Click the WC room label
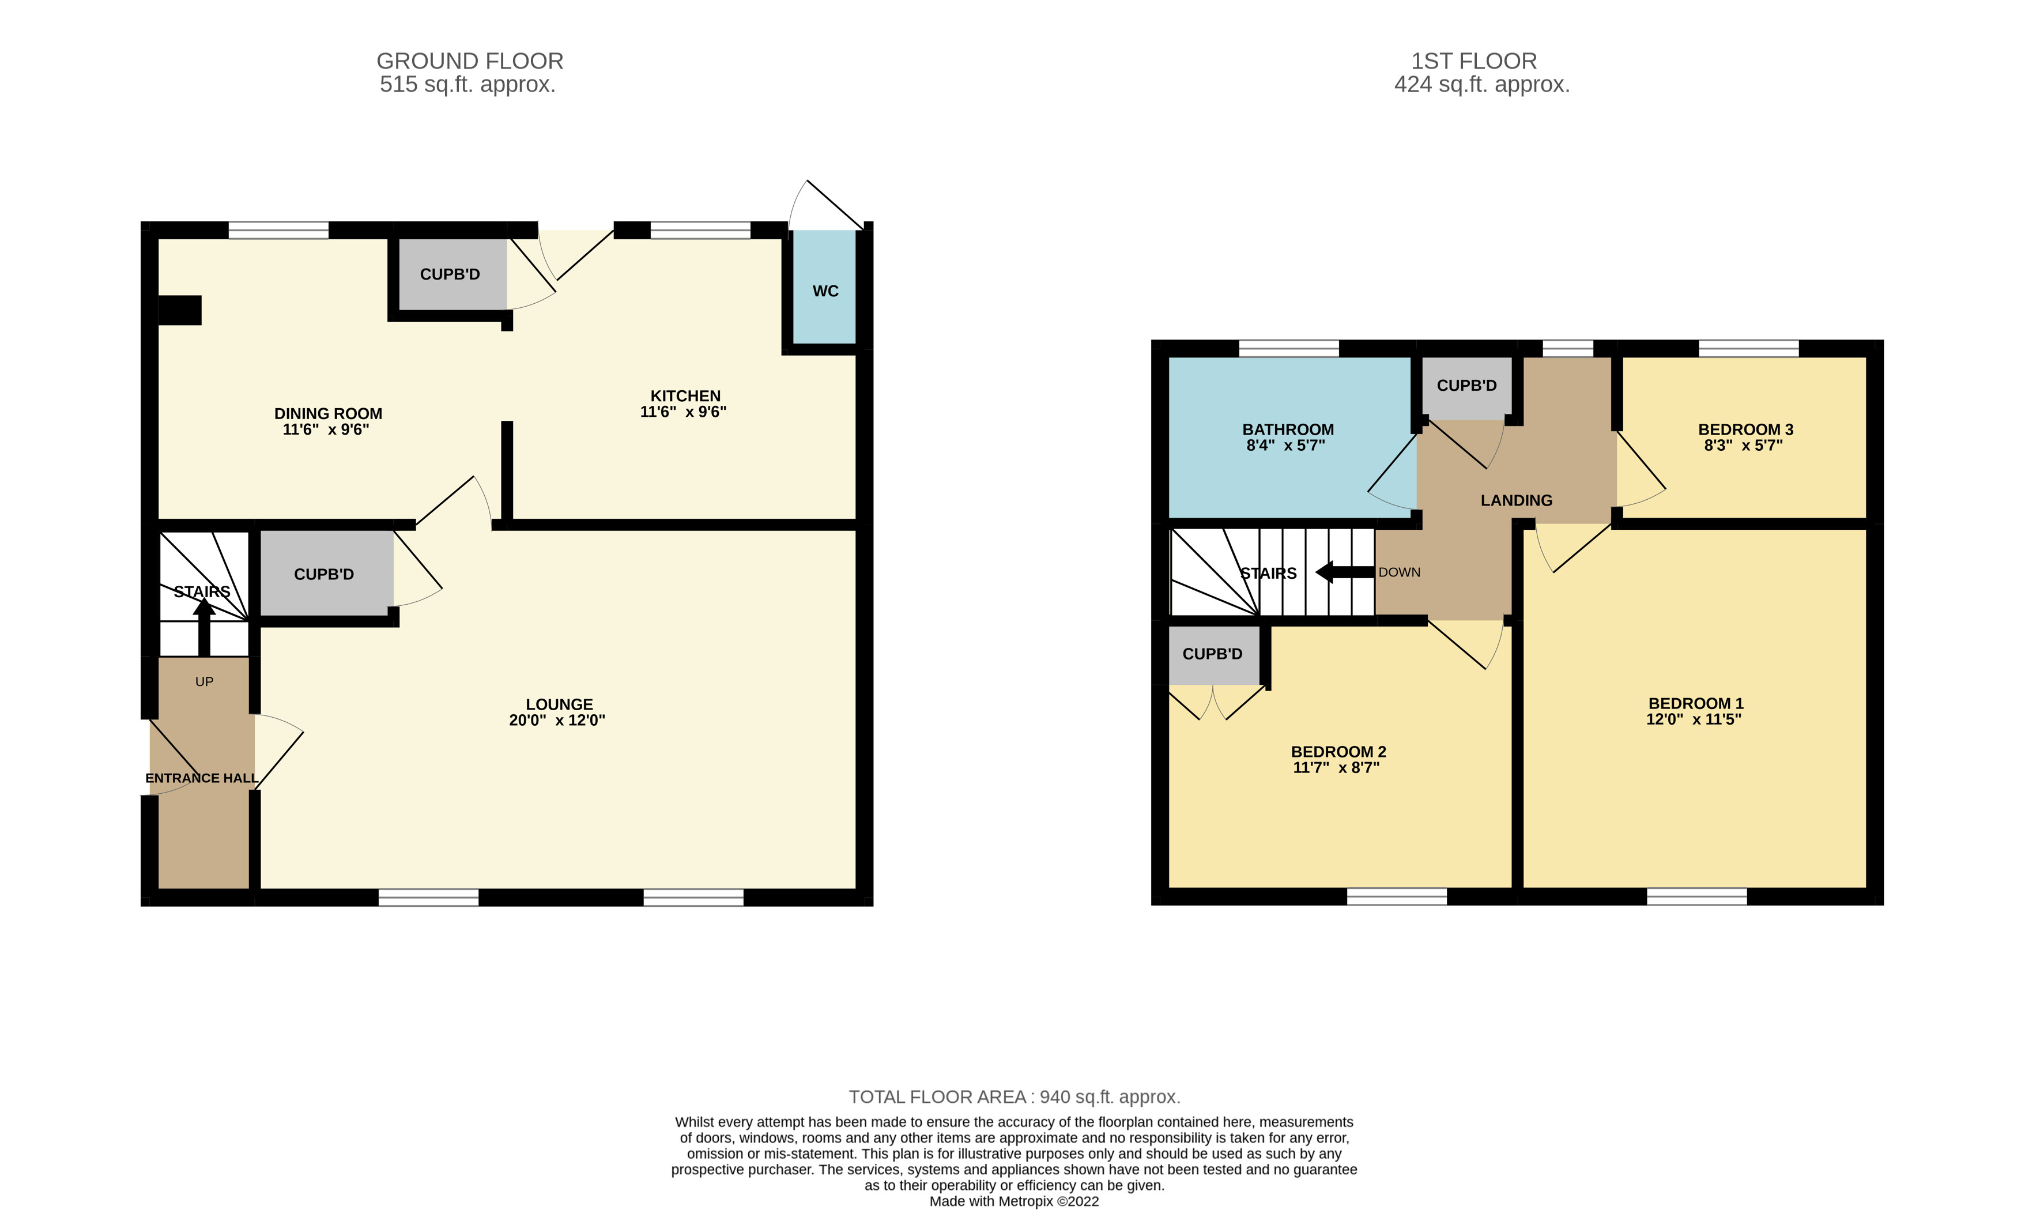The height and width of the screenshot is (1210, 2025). pyautogui.click(x=825, y=291)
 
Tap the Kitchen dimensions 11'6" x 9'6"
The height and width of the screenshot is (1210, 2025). pyautogui.click(x=683, y=412)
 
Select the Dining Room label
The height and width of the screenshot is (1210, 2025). pyautogui.click(x=328, y=413)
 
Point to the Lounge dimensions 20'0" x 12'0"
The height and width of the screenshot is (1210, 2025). pyautogui.click(x=557, y=720)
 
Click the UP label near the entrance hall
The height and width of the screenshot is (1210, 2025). pyautogui.click(x=204, y=681)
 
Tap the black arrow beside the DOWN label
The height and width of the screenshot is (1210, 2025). pyautogui.click(x=1344, y=572)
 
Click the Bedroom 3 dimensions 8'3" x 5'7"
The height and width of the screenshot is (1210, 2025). pyautogui.click(x=1743, y=445)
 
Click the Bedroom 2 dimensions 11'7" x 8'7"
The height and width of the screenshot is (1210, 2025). pyautogui.click(x=1336, y=767)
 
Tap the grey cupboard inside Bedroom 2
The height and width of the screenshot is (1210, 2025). pyautogui.click(x=1213, y=654)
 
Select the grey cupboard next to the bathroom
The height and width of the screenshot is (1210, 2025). pyautogui.click(x=1466, y=386)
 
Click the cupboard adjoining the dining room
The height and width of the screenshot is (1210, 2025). pyautogui.click(x=450, y=274)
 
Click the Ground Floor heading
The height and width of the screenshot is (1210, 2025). pyautogui.click(x=470, y=61)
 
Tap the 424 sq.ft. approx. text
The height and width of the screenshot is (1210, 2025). pyautogui.click(x=1481, y=85)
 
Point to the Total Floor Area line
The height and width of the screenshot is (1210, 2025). pyautogui.click(x=1014, y=1096)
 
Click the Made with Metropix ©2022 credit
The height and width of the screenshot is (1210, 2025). pyautogui.click(x=1014, y=1201)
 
